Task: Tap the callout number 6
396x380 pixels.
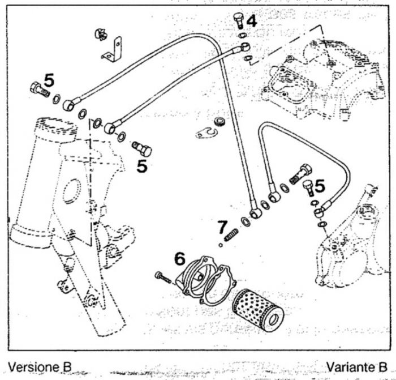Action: (x=179, y=259)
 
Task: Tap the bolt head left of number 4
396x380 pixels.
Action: (x=238, y=21)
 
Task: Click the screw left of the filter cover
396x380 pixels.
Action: (x=162, y=277)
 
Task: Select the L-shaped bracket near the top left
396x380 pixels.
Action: (x=114, y=50)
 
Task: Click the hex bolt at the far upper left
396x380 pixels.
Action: (x=36, y=89)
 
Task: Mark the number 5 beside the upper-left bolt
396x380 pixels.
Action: (x=49, y=81)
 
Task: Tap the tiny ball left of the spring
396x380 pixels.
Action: (x=221, y=245)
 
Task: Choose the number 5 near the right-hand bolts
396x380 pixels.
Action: (x=320, y=186)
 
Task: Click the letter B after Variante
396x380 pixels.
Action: (x=384, y=366)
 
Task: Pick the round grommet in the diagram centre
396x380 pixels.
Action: (x=219, y=122)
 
